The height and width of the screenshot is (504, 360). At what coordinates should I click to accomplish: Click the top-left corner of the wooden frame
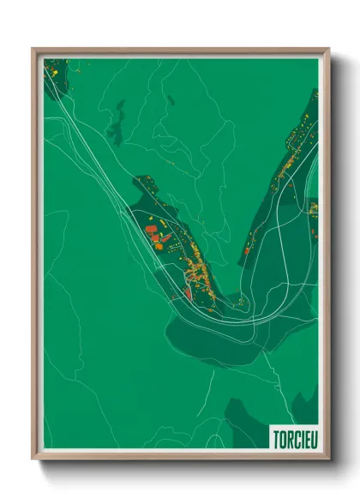coord(33,49)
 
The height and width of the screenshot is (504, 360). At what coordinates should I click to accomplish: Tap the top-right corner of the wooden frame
coord(328,49)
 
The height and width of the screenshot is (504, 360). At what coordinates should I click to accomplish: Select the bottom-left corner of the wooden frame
coord(33,460)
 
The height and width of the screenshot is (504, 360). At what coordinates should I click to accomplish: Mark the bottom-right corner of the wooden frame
coord(328,460)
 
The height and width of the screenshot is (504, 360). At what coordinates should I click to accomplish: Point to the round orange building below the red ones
coord(158,245)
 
